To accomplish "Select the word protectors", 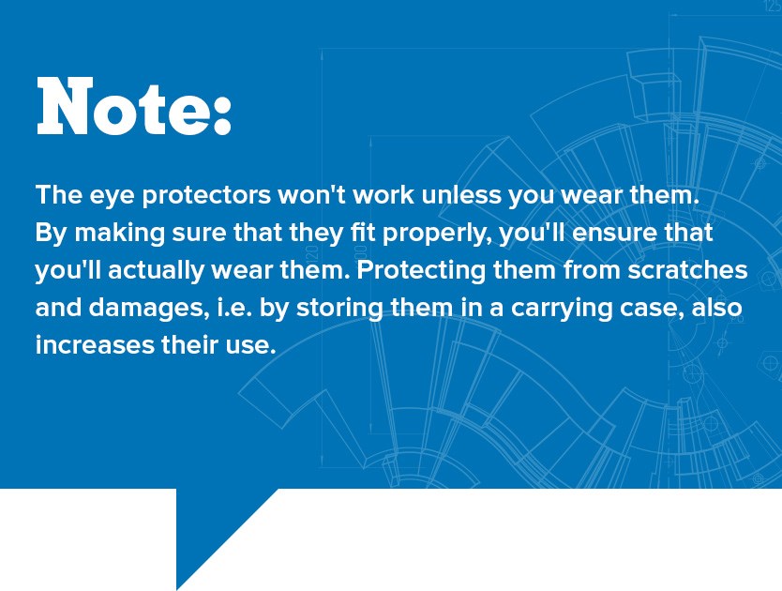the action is click(x=206, y=196).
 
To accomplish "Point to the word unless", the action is click(x=461, y=193).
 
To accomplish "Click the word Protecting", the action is click(x=421, y=271).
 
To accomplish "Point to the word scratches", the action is click(x=687, y=270).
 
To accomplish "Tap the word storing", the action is click(x=339, y=309).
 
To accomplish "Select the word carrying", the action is click(x=561, y=309).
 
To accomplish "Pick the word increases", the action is click(x=95, y=345).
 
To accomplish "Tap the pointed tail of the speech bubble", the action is click(x=177, y=588).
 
